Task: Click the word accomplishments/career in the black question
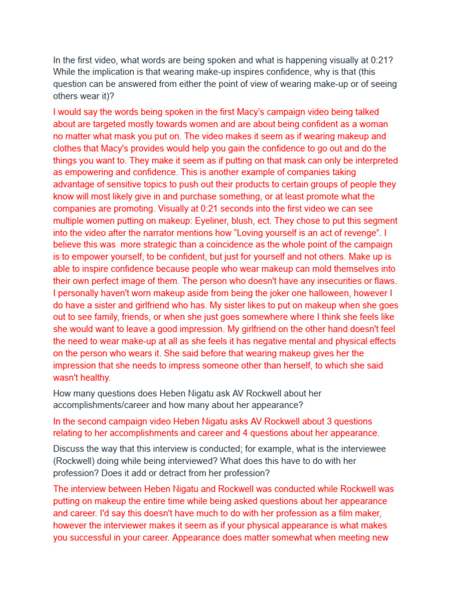coord(102,404)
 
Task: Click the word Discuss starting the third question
coord(69,449)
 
